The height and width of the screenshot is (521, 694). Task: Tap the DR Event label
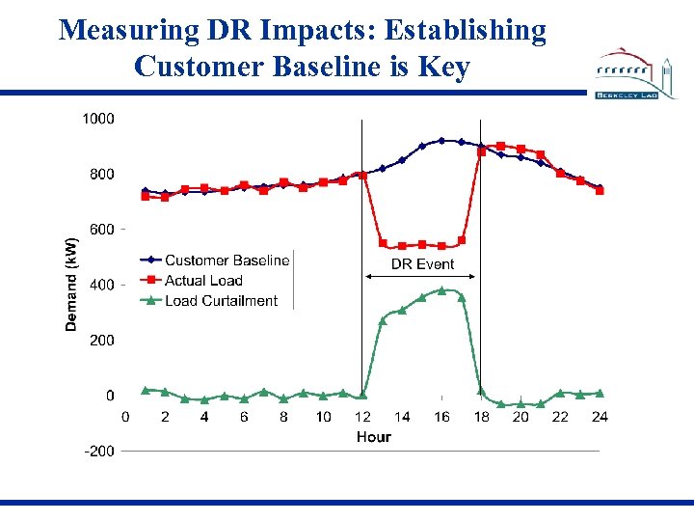[422, 263]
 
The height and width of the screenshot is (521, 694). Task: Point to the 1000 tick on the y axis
[97, 119]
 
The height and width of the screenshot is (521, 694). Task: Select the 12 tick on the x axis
[362, 417]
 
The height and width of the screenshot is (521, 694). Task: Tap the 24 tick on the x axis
[600, 417]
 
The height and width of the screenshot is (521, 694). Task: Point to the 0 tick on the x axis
[125, 417]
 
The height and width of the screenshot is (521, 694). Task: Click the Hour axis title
[373, 437]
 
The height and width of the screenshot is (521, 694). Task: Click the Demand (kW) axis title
[71, 285]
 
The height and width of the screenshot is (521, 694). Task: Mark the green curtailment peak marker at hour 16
[441, 290]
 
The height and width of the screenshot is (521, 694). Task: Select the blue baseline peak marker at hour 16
[441, 141]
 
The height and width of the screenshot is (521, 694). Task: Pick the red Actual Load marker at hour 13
[383, 243]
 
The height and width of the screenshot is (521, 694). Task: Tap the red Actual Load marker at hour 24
[600, 191]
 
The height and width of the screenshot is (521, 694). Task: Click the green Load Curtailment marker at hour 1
[146, 390]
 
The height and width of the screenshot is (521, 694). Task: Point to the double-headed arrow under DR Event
[421, 279]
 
